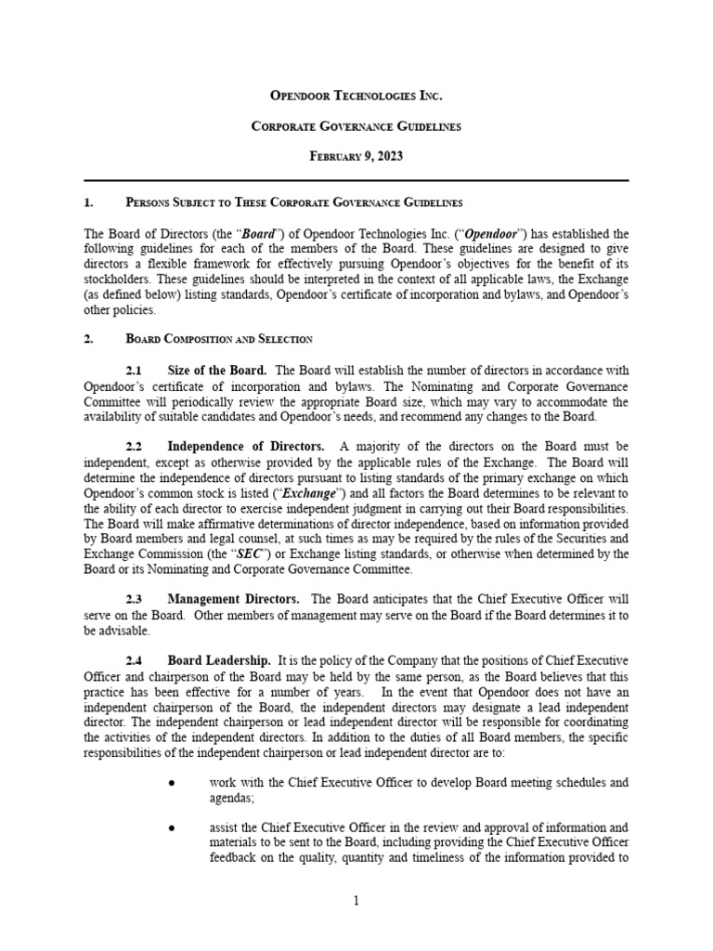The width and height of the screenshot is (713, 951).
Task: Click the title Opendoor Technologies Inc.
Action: (x=356, y=96)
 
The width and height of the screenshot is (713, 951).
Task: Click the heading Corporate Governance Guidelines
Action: (x=356, y=125)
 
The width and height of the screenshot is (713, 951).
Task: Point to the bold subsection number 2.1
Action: (x=135, y=371)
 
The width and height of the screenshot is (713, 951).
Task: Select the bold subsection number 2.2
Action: (x=135, y=448)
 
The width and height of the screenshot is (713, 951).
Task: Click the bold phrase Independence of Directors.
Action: (x=247, y=448)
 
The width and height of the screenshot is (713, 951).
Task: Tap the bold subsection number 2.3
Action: (x=135, y=600)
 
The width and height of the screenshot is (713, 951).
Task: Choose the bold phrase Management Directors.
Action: (x=233, y=600)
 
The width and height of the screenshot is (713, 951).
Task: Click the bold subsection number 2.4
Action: (x=135, y=661)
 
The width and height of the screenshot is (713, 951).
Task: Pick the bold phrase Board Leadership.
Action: (x=219, y=661)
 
